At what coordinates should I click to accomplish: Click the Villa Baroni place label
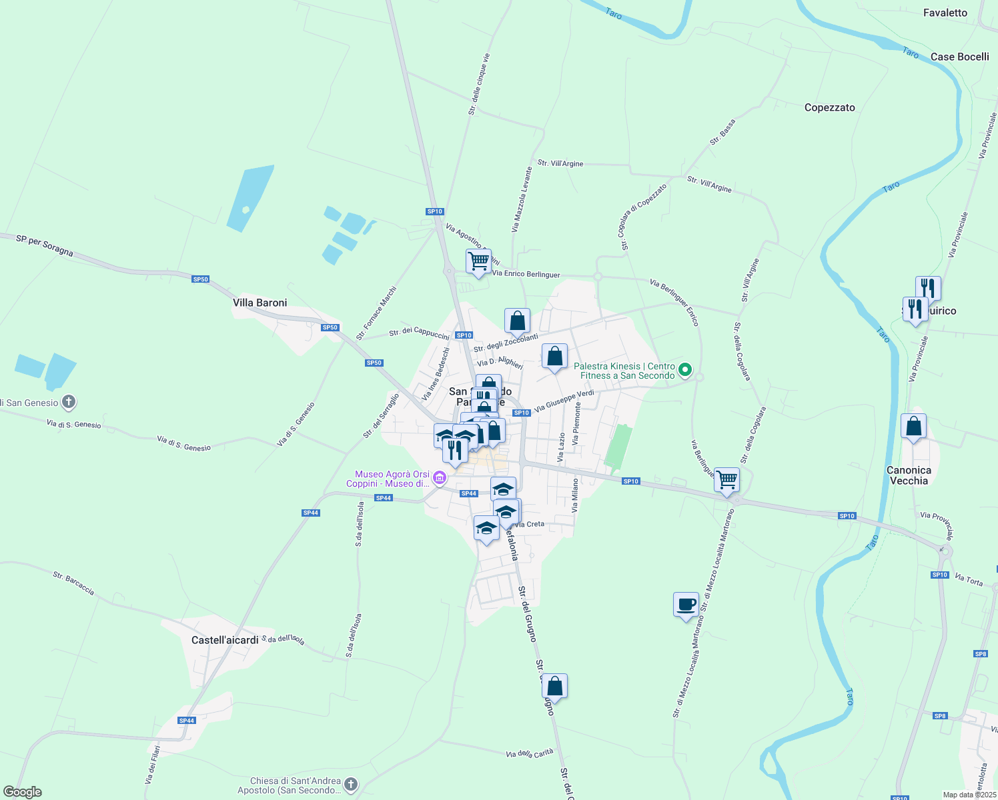(x=260, y=303)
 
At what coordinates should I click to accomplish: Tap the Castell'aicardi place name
(x=225, y=640)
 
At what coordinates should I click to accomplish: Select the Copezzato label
(x=829, y=107)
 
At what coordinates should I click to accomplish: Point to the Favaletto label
(x=945, y=13)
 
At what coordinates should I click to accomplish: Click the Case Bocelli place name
(x=959, y=57)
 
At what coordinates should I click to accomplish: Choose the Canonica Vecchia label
(x=909, y=475)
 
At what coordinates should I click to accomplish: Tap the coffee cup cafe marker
(x=686, y=605)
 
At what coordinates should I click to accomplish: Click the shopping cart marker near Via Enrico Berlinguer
(x=478, y=261)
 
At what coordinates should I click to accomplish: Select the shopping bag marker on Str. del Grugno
(x=554, y=686)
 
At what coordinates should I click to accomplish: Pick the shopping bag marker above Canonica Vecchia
(x=913, y=426)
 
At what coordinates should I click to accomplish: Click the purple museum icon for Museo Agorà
(x=439, y=478)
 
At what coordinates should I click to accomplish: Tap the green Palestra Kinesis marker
(x=684, y=369)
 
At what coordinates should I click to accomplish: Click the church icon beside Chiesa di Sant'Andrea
(x=351, y=785)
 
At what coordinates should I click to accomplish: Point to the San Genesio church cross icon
(x=68, y=402)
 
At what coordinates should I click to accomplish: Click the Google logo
(x=23, y=792)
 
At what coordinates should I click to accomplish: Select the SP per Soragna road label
(x=45, y=245)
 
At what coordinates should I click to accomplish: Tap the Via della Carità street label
(x=530, y=753)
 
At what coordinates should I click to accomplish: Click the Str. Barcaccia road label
(x=73, y=583)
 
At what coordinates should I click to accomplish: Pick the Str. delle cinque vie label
(x=479, y=84)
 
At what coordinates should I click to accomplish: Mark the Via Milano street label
(x=574, y=495)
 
